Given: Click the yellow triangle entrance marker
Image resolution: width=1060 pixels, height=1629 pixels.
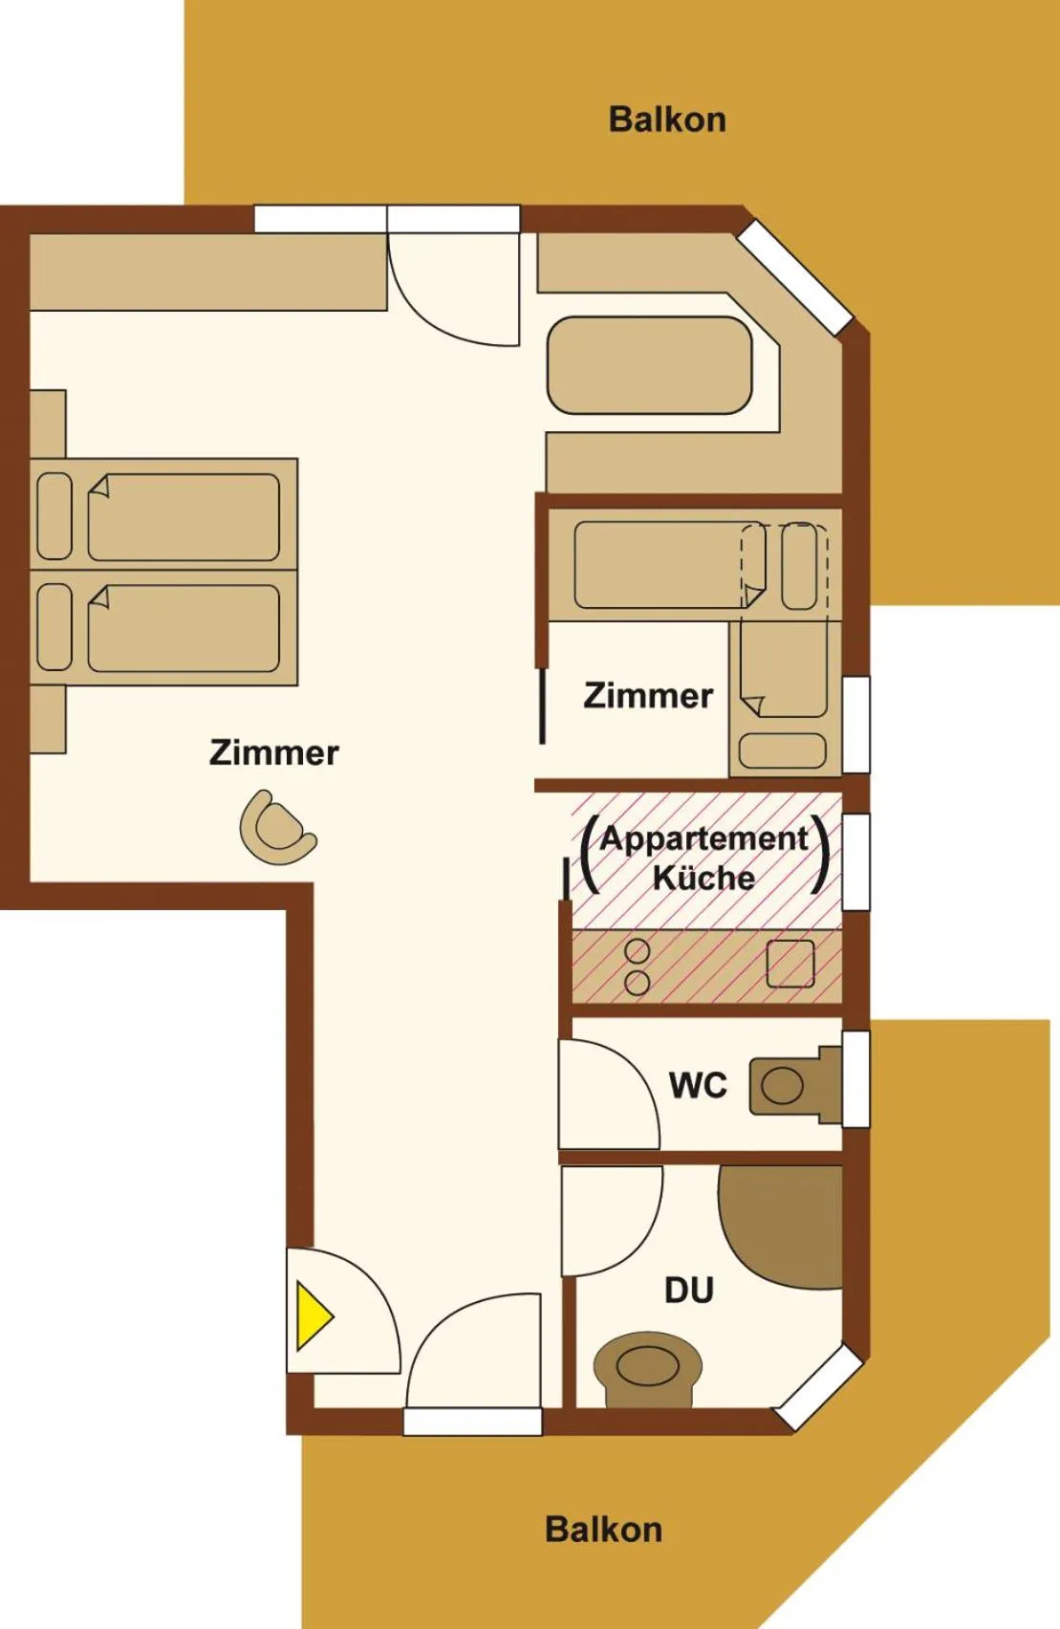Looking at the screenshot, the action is coord(312,1316).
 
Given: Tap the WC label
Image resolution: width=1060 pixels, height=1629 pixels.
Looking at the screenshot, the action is coord(698,1085).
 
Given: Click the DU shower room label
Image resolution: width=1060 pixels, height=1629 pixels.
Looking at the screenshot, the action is coord(689,1291).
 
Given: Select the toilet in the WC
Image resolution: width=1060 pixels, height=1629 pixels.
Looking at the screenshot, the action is coord(795,1086).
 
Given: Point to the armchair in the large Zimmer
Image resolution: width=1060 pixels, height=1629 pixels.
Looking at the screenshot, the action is coord(277,828).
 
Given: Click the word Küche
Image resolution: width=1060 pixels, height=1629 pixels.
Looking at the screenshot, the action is coord(703,877).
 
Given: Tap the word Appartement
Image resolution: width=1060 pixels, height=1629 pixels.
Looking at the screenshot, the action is coord(703,838).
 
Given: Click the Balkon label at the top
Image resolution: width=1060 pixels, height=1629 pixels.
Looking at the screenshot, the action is coord(667,119).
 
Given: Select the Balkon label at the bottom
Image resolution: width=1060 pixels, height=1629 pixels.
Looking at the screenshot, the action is coord(603,1530).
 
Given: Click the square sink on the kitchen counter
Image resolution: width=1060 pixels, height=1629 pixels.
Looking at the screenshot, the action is coord(790,964).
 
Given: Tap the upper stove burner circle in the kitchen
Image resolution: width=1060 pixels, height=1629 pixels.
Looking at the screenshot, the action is coord(637,950).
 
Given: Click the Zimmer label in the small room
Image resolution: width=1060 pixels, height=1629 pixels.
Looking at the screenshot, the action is coord(648,696).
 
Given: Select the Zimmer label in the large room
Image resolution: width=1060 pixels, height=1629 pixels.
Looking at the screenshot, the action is coord(274,752).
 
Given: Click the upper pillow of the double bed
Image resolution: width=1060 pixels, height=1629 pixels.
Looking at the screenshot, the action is coord(54,516).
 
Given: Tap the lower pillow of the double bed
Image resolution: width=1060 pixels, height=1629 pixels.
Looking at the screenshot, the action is coord(54,627).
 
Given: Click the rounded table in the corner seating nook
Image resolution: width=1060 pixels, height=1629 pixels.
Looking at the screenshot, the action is coord(649,366).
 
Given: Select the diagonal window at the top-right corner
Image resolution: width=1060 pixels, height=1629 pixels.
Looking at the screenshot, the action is coord(795,277).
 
